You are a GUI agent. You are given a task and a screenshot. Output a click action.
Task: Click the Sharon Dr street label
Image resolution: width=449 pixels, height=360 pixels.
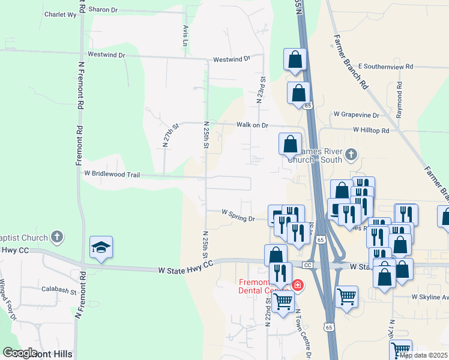point(104,10)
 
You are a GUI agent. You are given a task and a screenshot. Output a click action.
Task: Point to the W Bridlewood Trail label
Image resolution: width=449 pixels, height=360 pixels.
point(112,175)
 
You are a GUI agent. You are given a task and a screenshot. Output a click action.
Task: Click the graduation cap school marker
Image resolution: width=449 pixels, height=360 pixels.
point(101,247)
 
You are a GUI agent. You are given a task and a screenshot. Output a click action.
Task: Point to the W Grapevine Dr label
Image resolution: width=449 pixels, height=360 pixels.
point(357,115)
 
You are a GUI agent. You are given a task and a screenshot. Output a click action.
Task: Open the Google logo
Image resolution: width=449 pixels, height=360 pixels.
point(19,353)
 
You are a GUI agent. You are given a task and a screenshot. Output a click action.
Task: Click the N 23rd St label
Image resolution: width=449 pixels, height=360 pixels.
point(262,90)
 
